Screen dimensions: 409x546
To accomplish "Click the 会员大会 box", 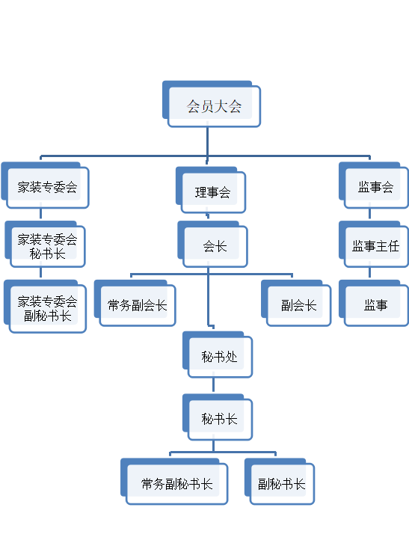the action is [x=212, y=104].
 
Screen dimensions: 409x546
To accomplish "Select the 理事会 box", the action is [x=211, y=190].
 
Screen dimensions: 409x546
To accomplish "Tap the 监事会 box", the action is [x=374, y=185].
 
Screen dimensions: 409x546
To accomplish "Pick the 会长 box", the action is [x=212, y=245].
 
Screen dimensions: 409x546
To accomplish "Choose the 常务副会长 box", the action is [x=135, y=304].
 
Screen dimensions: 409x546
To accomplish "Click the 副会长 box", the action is [x=296, y=304].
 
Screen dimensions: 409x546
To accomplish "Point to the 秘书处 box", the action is [x=218, y=355].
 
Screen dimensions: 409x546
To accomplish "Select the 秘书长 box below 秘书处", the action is [x=218, y=417].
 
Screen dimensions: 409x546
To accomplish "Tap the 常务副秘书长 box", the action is [x=174, y=482].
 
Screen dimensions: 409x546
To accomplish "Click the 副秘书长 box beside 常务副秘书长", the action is [x=280, y=482].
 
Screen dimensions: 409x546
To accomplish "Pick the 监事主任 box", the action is [x=374, y=245].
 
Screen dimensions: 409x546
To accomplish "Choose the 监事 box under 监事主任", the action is [x=374, y=304].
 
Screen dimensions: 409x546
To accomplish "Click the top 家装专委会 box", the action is [x=46, y=185].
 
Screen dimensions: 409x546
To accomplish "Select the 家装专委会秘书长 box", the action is [x=46, y=245].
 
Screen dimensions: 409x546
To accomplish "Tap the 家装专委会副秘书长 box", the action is [x=46, y=307].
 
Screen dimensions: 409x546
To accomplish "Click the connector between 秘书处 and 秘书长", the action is [x=213, y=384].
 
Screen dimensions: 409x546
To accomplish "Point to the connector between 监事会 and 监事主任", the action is [x=369, y=214].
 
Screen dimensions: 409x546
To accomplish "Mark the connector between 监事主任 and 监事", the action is [x=369, y=273].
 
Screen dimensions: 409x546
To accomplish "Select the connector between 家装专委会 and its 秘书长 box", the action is [x=40, y=214].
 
